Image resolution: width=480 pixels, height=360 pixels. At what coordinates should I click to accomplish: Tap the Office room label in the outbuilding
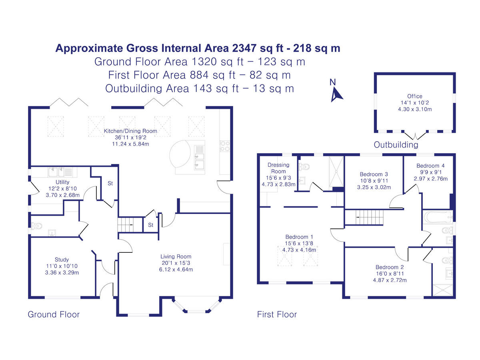pos(415,96)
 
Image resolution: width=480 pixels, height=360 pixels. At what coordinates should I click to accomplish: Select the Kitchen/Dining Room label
pos(130,131)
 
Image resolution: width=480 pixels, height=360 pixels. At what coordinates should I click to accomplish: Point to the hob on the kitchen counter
pos(224,146)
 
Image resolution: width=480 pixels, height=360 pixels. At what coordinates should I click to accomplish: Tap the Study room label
pos(62,259)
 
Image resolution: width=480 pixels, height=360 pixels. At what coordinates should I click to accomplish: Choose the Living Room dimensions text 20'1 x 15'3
pos(176,263)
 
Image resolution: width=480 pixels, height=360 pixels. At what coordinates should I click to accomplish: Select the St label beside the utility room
pos(110,184)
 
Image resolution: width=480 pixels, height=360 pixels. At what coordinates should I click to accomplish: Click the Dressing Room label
pos(278,168)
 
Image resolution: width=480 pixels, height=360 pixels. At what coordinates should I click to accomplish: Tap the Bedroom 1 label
pos(299,237)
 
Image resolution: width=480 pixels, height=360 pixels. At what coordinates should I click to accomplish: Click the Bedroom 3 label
pos(374,174)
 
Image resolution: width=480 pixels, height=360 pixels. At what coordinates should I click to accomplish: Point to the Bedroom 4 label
pos(430,166)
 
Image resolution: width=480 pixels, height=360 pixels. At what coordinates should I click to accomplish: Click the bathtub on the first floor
pos(437,217)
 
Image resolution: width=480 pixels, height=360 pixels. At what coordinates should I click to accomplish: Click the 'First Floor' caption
pos(277,315)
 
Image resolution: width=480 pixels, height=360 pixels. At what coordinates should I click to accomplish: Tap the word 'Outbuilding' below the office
pos(396,145)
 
